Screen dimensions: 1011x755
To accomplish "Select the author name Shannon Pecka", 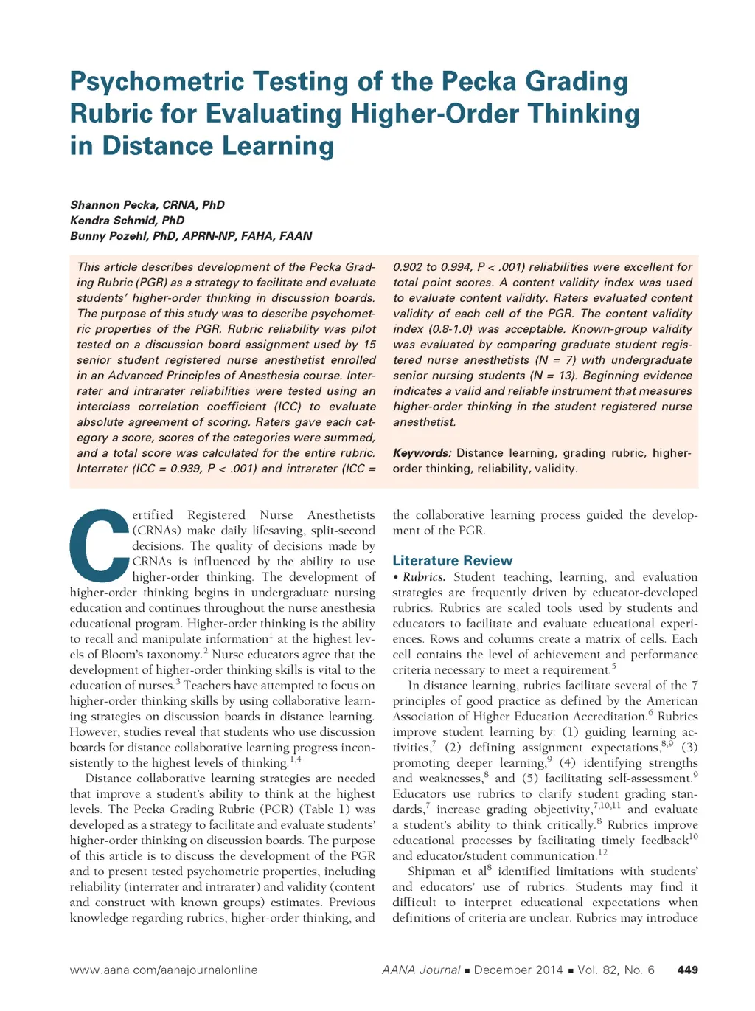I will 111,205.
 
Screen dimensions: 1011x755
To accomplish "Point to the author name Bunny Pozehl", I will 108,236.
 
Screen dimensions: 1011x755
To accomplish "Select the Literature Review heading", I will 452,561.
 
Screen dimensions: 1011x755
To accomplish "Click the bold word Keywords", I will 422,453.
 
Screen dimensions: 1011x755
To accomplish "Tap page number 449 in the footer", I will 687,970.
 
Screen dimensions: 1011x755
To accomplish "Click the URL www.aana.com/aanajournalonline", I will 164,970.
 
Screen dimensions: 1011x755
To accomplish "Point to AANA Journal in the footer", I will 421,970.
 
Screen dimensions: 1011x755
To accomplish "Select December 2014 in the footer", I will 518,970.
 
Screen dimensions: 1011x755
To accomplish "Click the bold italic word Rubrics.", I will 424,577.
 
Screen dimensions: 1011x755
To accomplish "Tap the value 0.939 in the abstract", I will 187,469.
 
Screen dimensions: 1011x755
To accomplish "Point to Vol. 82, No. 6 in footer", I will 616,970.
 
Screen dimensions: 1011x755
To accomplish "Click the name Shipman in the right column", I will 432,872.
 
